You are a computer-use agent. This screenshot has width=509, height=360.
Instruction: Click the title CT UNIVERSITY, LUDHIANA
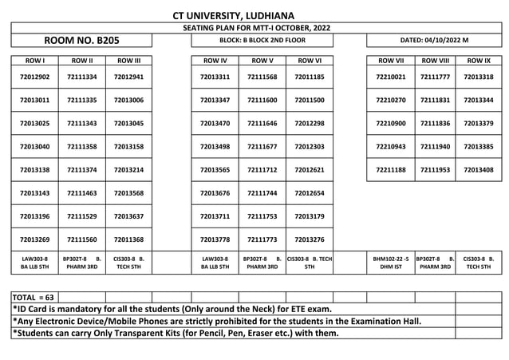point(233,15)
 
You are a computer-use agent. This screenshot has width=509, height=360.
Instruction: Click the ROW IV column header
point(215,60)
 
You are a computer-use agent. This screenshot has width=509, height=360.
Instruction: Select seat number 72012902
point(34,77)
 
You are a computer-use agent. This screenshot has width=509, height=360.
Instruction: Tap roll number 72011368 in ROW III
point(129,239)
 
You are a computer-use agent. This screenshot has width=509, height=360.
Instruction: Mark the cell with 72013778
point(215,239)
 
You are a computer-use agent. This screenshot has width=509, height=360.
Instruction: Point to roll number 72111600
point(262,101)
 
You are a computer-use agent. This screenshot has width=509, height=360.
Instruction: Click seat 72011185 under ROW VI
point(310,77)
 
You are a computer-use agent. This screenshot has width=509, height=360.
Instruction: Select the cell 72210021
point(391,77)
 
